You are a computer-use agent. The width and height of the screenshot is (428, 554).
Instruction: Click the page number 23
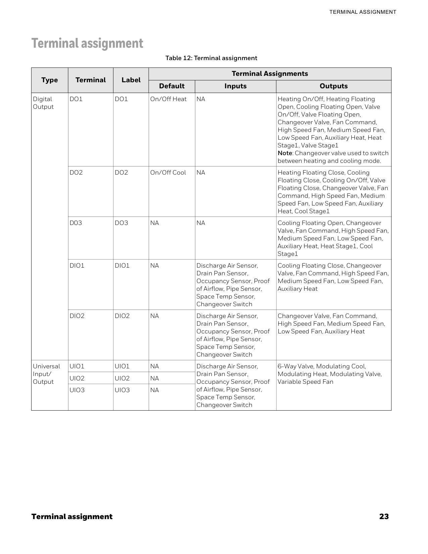384,516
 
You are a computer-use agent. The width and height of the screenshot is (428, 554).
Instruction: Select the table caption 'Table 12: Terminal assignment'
211,58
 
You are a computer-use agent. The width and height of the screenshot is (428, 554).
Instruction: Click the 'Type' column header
50,80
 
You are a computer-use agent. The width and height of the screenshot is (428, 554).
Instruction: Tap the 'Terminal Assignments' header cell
270,74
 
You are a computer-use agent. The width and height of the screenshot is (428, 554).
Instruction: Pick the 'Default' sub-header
172,86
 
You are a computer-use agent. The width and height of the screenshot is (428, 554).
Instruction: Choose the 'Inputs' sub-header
235,86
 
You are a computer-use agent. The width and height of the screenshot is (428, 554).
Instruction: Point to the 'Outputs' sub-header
333,86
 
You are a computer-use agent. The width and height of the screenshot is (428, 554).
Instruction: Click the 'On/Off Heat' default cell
168,99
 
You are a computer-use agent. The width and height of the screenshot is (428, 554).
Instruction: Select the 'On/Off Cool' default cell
168,173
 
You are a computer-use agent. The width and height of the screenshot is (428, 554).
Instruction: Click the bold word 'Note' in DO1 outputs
285,153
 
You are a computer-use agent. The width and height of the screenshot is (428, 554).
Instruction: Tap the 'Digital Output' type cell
43,103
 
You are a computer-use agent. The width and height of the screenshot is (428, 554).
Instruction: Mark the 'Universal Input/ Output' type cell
46,374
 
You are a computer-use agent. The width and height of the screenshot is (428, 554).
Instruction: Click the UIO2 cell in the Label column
122,378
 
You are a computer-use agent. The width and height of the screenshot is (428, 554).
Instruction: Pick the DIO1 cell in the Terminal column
77,266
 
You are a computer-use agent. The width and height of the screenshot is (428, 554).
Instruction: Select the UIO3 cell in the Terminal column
77,390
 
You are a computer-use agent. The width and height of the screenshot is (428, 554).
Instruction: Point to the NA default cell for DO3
154,223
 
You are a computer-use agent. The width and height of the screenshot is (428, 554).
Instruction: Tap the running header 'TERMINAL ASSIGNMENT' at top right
363,12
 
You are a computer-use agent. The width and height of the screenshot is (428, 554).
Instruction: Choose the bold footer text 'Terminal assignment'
72,516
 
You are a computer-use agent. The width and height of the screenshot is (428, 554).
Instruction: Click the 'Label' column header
131,80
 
